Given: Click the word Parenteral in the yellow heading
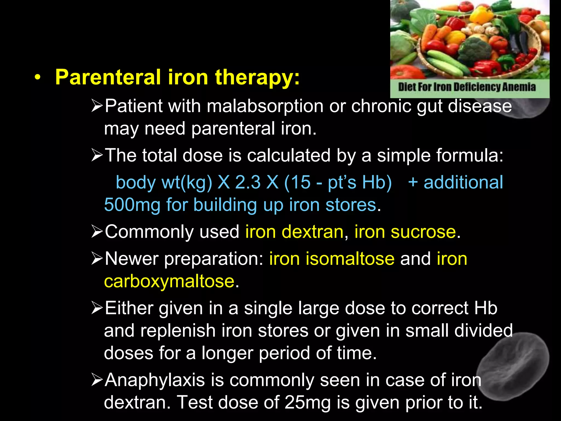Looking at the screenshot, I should tap(108, 78).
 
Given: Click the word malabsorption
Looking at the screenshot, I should tap(265, 106).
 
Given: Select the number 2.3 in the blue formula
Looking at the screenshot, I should tap(248, 183).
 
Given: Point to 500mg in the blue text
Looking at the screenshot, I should tap(132, 205).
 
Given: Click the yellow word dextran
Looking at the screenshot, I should tap(313, 232).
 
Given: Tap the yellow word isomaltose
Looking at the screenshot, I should tap(350, 259).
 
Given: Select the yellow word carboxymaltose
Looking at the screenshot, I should tap(169, 281).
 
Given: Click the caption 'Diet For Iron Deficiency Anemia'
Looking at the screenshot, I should tap(466, 87).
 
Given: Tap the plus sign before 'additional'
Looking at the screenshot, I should tap(413, 183).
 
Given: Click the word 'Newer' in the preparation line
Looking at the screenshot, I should tap(132, 259).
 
